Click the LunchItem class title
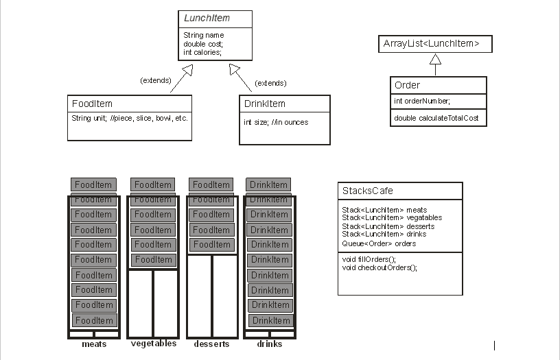207,19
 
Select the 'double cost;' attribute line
203,44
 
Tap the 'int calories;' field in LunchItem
202,52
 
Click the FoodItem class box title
92,104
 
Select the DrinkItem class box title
264,104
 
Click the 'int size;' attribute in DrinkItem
276,122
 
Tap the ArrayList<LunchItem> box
436,44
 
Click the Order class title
408,85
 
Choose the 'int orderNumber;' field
422,101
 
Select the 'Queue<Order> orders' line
379,243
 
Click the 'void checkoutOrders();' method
380,267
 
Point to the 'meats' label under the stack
94,344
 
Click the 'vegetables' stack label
153,344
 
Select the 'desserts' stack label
211,344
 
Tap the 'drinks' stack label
270,344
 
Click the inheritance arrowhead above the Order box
435,60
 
